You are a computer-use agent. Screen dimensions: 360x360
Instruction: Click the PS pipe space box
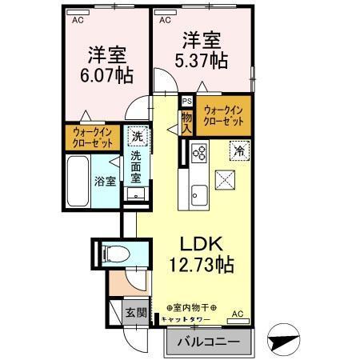click(186, 102)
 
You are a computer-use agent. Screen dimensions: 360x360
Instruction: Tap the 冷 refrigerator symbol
click(239, 149)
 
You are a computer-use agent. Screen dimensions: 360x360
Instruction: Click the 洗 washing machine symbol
click(137, 136)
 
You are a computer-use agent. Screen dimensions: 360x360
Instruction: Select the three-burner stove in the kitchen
click(198, 152)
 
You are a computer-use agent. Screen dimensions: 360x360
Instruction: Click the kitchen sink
click(198, 192)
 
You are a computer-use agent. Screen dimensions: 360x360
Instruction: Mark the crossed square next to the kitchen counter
click(226, 181)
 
